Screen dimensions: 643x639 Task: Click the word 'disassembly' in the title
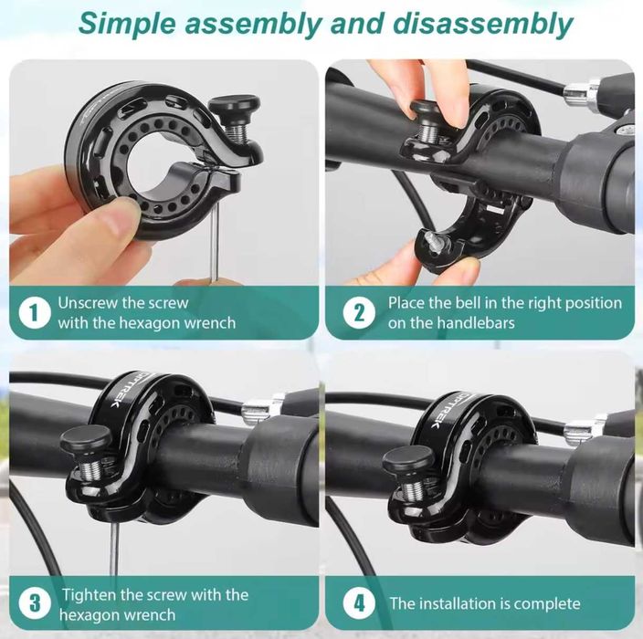point(482,24)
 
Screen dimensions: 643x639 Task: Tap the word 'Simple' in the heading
point(128,24)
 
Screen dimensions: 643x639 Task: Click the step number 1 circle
point(35,313)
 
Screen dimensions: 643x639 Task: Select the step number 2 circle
point(359,313)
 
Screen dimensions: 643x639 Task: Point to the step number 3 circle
point(35,602)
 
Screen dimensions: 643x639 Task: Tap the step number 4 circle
point(359,602)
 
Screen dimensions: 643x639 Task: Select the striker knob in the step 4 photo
point(407,460)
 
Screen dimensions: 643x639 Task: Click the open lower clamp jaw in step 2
point(438,250)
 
